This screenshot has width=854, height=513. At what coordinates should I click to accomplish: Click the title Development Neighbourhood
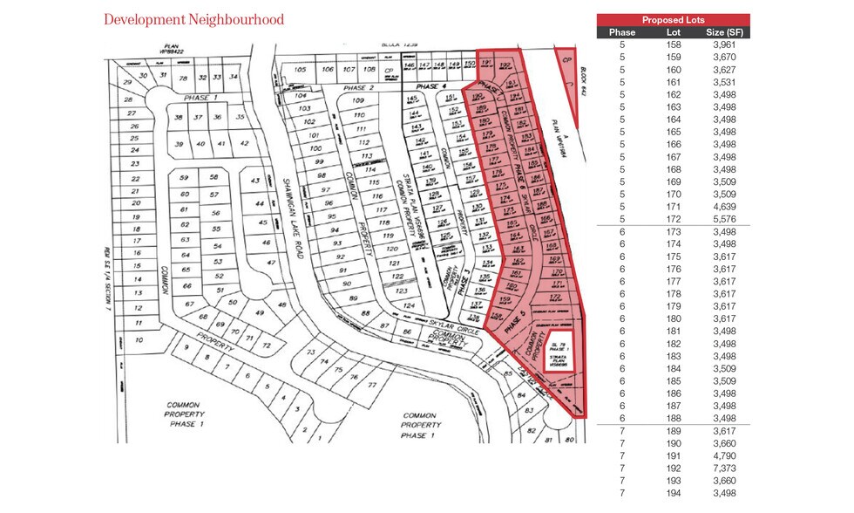coord(193,19)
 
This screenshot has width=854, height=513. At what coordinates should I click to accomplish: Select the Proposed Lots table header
coord(673,19)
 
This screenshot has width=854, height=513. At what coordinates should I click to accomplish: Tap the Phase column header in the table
coord(622,32)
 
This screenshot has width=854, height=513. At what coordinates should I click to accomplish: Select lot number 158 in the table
coord(673,44)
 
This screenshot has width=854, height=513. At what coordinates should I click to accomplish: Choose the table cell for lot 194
coord(673,493)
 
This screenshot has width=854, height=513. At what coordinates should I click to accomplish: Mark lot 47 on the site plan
coord(271,262)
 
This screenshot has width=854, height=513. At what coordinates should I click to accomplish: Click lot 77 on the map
coord(372,385)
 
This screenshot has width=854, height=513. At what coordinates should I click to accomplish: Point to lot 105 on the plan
coord(301,69)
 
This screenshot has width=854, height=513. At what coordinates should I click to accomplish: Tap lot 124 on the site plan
coord(408,305)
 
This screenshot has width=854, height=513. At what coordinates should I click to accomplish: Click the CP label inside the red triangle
coord(566,59)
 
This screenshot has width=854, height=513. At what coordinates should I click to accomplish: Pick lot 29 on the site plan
coord(128,82)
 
